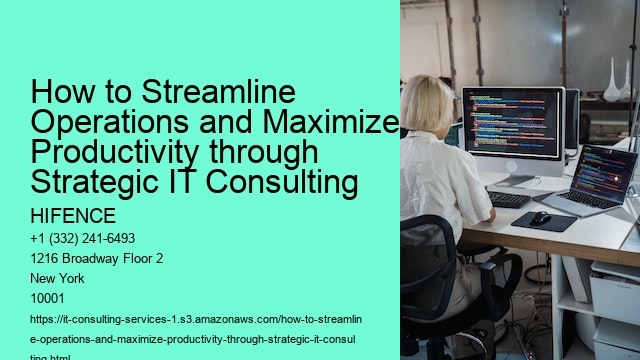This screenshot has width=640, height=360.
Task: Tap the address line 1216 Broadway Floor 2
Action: pyautogui.click(x=98, y=258)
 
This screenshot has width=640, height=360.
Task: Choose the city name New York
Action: pyautogui.click(x=57, y=277)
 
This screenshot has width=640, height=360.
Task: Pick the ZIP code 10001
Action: pyautogui.click(x=50, y=297)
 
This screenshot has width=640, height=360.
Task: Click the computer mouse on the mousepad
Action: pyautogui.click(x=541, y=217)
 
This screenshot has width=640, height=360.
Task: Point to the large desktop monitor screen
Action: pyautogui.click(x=512, y=122)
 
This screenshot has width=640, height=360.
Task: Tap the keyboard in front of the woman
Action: pyautogui.click(x=509, y=199)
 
